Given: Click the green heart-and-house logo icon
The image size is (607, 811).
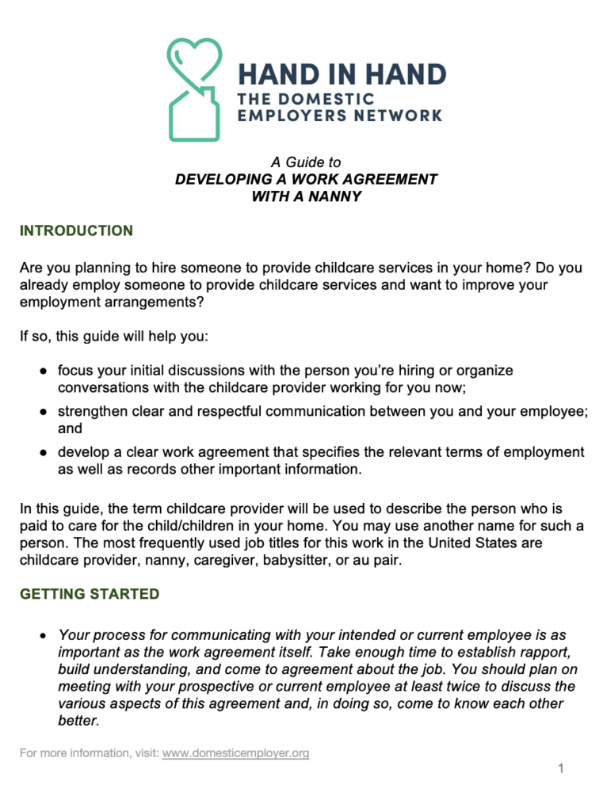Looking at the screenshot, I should [x=194, y=89].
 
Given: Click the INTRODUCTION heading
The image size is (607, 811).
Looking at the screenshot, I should [x=76, y=231].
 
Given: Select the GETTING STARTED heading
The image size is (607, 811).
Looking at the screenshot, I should [x=89, y=594].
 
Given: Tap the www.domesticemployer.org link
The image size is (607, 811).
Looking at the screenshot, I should [x=235, y=753].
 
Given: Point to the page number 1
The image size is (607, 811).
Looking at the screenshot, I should [x=560, y=769].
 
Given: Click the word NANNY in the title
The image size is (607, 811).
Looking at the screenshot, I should [x=334, y=196].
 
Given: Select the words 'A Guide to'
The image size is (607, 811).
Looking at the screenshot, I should [x=306, y=162].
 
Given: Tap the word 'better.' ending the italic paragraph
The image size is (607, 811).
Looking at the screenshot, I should [x=78, y=722].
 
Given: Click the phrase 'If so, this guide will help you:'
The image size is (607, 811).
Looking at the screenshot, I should [x=114, y=337].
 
